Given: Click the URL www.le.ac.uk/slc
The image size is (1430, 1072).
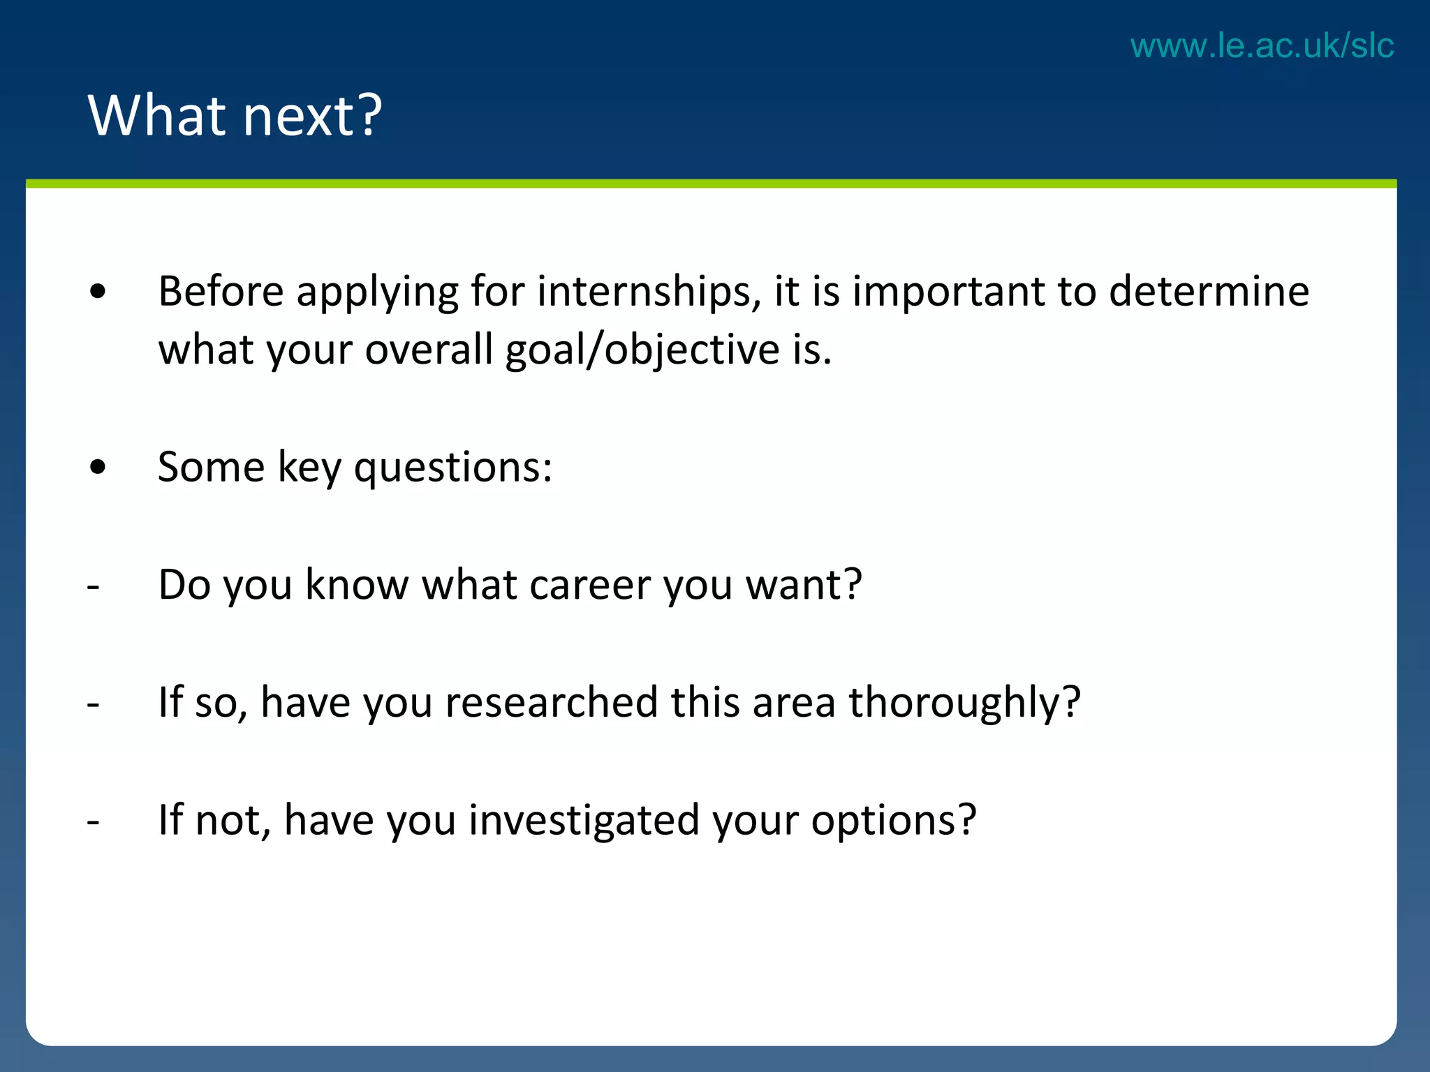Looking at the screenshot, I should tap(1262, 46).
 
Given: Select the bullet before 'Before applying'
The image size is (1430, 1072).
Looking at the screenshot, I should tap(98, 292).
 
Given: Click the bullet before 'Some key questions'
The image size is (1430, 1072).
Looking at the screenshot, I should tap(98, 467).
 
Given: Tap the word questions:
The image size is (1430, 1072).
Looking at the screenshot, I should tap(453, 467).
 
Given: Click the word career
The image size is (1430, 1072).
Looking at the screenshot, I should tap(590, 585).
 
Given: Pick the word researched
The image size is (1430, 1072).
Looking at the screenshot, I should tap(552, 702).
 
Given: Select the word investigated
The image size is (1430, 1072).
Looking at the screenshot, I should tap(584, 820).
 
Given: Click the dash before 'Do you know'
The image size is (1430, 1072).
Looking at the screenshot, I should tap(94, 587).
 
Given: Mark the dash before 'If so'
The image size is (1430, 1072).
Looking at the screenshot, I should tap(94, 704).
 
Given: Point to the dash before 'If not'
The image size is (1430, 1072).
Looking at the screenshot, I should tap(94, 822).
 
